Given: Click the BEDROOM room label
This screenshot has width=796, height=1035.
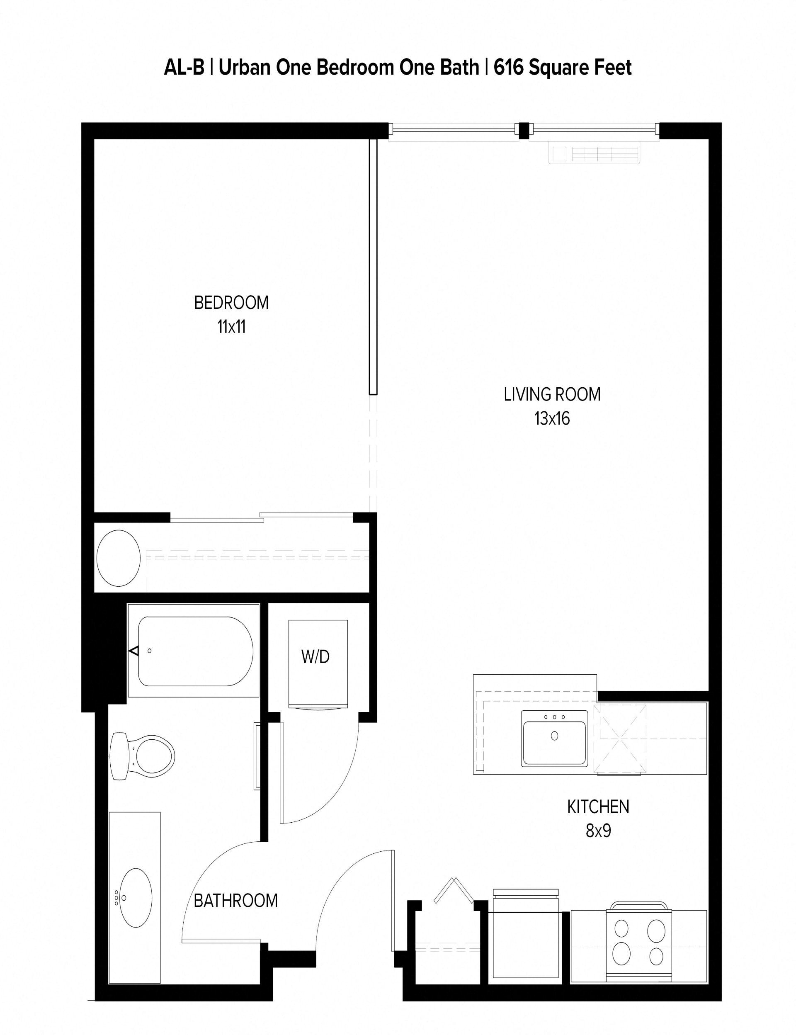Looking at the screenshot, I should coord(231,302).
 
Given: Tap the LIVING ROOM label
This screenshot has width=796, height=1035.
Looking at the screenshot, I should coord(552,394).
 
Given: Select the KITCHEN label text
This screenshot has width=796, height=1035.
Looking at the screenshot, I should coord(598,807).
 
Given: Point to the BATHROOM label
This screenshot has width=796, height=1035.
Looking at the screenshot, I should coord(235,900).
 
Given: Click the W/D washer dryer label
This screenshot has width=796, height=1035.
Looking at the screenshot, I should coord(315,657).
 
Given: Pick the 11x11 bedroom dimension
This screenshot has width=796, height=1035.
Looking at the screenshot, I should coord(231,327).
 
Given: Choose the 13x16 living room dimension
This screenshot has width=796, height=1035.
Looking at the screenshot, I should coord(552,418).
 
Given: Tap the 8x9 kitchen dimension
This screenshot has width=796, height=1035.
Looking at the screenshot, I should coord(598,831).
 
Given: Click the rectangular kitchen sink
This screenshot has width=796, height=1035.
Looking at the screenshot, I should coord(554,738).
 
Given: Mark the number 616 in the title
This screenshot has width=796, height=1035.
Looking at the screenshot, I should coord(508,68).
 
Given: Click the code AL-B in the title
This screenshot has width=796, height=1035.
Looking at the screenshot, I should coord(184,68).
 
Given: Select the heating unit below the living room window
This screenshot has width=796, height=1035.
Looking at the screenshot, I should coord(594,154).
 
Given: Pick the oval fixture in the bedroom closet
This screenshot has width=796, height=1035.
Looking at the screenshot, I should coord(119,558).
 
